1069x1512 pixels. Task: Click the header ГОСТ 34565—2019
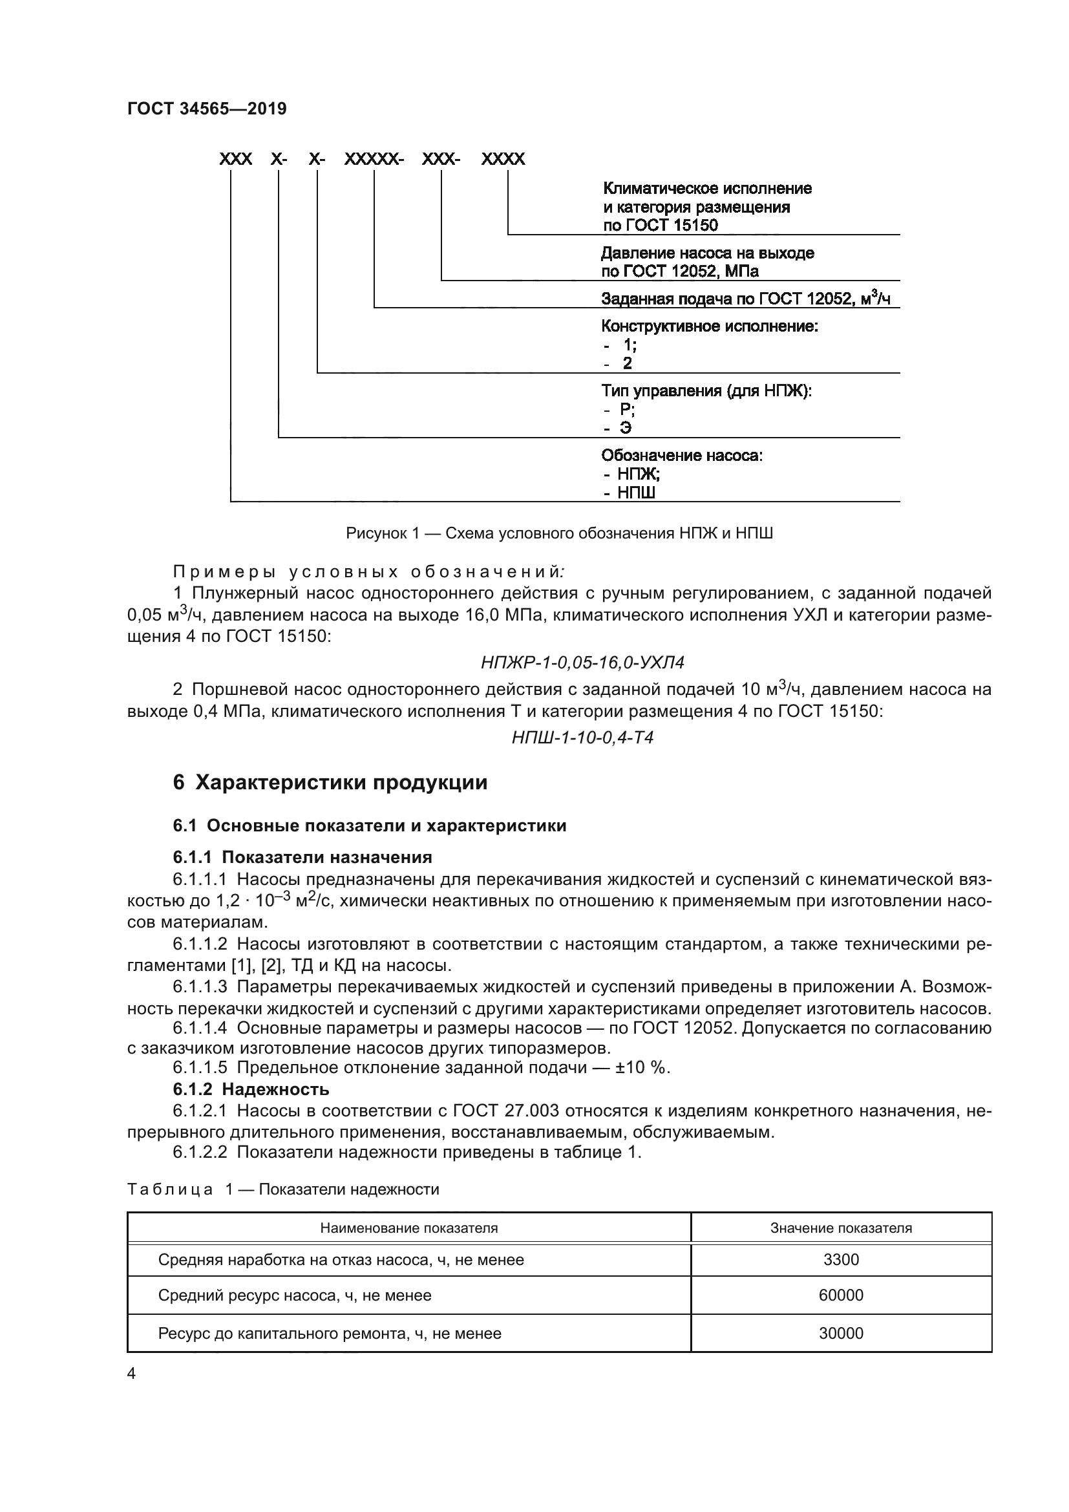pyautogui.click(x=207, y=109)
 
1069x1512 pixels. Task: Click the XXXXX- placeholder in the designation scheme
pyautogui.click(x=373, y=159)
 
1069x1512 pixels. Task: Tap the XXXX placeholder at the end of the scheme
pyautogui.click(x=503, y=159)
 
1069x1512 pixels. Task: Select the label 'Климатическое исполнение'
pyautogui.click(x=707, y=189)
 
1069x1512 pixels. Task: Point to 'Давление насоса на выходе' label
pyautogui.click(x=707, y=253)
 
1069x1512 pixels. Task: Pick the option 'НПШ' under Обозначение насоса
pyautogui.click(x=636, y=493)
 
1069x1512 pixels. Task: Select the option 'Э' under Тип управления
pyautogui.click(x=626, y=428)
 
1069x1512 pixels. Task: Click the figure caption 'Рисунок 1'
pyautogui.click(x=559, y=533)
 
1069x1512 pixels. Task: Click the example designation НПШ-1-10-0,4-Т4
pyautogui.click(x=582, y=737)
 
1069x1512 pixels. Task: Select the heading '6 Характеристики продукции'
pyautogui.click(x=330, y=782)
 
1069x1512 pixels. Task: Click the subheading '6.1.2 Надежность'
pyautogui.click(x=251, y=1089)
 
